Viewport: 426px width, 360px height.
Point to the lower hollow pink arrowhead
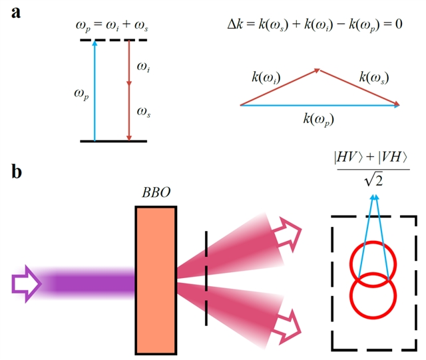(x=290, y=325)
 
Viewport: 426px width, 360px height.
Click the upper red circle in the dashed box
(x=373, y=264)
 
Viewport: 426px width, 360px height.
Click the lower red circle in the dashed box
(x=373, y=298)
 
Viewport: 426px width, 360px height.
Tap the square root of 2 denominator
(x=375, y=180)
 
